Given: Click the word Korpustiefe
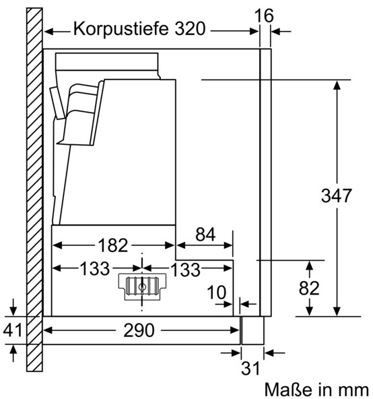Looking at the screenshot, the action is point(121,29).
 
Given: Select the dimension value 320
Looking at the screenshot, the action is point(190,28).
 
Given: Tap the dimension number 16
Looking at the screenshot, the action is point(264,16).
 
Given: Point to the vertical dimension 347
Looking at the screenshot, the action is point(336,195).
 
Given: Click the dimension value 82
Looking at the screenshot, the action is point(309,288).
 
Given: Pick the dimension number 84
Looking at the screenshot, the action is point(205,235).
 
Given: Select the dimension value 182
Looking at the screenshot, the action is point(113,245).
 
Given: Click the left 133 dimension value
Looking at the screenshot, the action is point(95,269).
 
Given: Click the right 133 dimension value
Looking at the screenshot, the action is point(186,270).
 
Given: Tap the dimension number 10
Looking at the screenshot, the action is point(216,293).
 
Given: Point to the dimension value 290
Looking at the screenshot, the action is point(139,330).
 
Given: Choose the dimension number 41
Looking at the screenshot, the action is point(13,330).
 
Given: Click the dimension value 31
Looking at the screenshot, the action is point(250,368).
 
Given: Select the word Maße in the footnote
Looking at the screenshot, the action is point(288,390).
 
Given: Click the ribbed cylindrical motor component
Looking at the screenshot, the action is point(142,286).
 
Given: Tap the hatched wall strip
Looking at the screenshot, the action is point(34,189).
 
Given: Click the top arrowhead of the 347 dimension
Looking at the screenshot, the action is point(337,85).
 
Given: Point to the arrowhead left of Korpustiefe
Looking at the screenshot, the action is point(49,32).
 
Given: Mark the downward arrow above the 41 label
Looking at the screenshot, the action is point(13,307).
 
